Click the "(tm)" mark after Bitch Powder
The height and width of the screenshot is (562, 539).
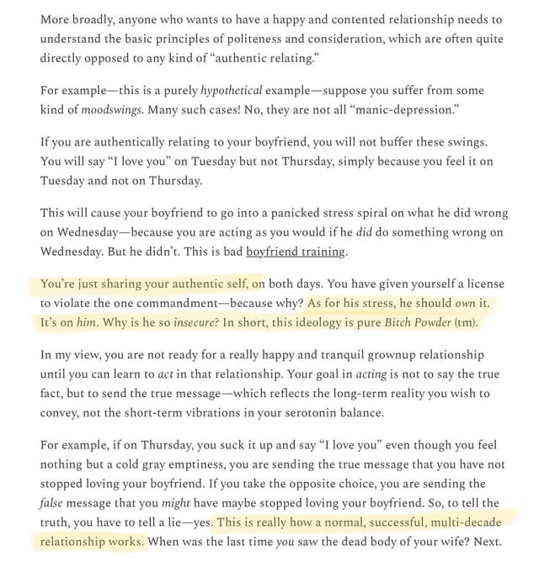465,323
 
